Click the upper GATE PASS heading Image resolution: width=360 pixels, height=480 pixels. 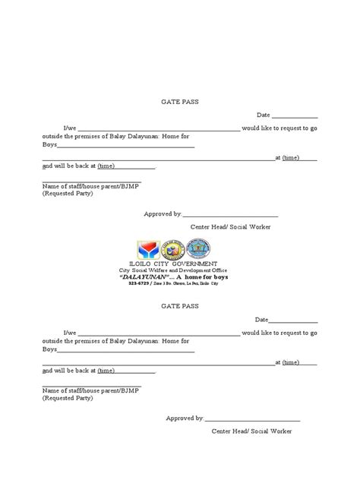point(179,101)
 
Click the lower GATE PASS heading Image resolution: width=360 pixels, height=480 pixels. point(179,305)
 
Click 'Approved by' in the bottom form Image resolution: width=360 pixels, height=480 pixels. point(184,418)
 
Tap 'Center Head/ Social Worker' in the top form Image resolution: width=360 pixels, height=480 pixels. point(230,227)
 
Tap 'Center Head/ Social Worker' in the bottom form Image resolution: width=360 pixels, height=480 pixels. point(251,431)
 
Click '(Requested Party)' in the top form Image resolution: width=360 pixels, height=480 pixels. point(68,194)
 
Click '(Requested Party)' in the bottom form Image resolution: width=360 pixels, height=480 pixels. point(68,397)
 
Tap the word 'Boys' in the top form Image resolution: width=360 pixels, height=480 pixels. point(49,144)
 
